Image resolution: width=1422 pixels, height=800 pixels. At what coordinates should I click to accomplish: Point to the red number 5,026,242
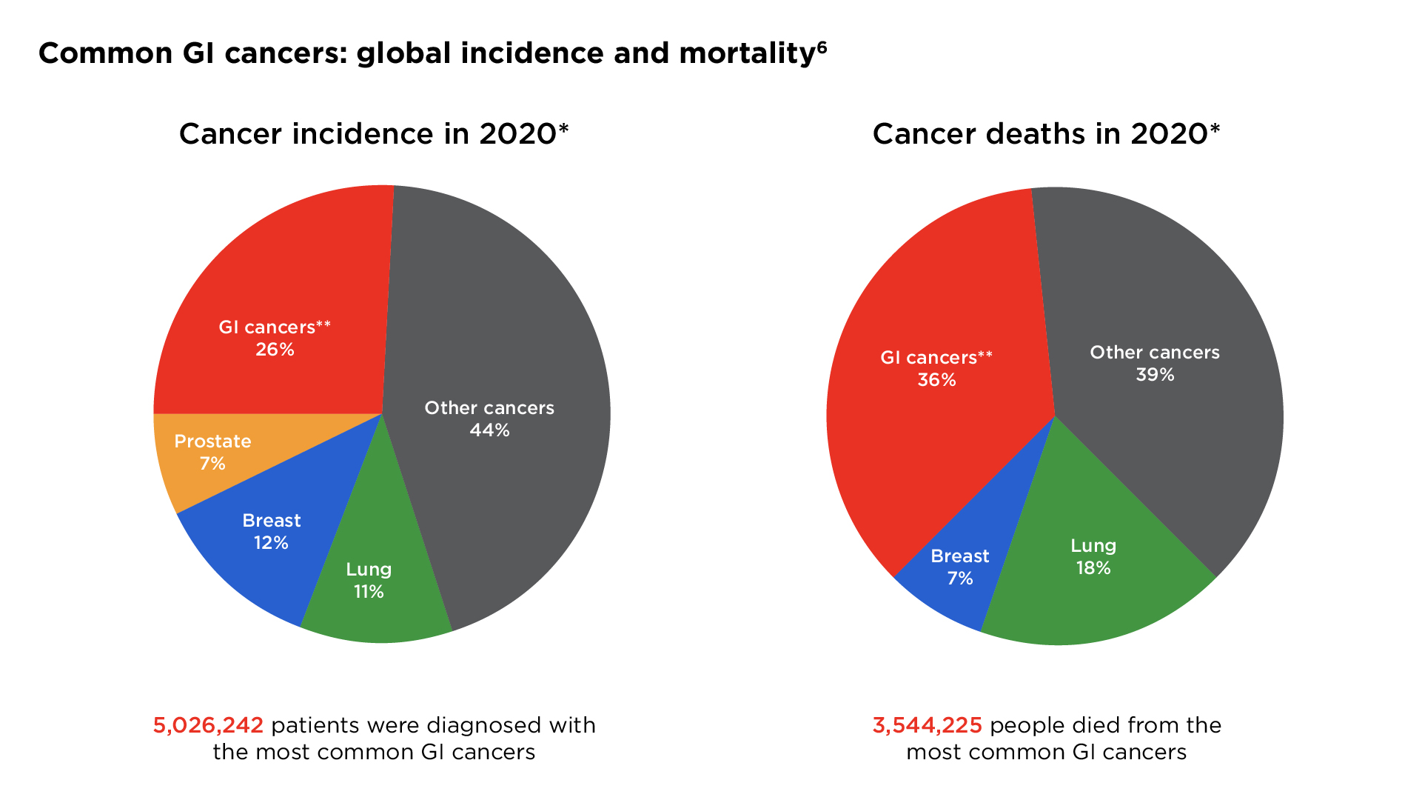pos(208,725)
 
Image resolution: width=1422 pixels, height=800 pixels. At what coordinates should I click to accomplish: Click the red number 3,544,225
pos(927,725)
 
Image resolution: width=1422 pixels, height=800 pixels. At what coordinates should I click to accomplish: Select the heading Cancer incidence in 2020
pos(373,134)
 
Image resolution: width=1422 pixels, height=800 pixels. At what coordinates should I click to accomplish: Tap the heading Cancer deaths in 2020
pos(1045,134)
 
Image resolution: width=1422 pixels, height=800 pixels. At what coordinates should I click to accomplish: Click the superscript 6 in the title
pos(822,47)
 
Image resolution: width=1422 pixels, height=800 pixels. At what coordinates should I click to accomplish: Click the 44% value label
pos(489,430)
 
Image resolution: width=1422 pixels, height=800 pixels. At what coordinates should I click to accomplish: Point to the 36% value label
pos(936,380)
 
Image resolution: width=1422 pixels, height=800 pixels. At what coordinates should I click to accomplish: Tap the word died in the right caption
pos(1098,725)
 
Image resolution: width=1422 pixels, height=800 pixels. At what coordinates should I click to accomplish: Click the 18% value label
pos(1093,568)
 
